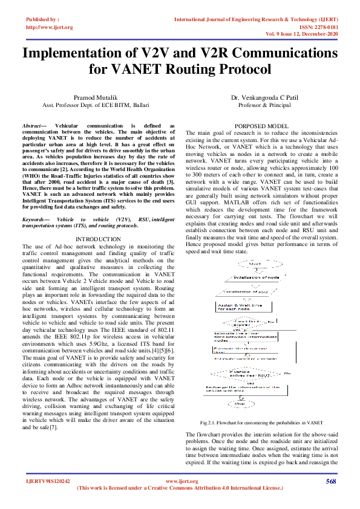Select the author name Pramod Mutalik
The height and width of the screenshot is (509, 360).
point(91,97)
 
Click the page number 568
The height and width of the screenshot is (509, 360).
point(330,481)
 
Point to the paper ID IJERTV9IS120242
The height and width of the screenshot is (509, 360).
point(48,482)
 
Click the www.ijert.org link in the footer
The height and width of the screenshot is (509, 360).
point(182,482)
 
